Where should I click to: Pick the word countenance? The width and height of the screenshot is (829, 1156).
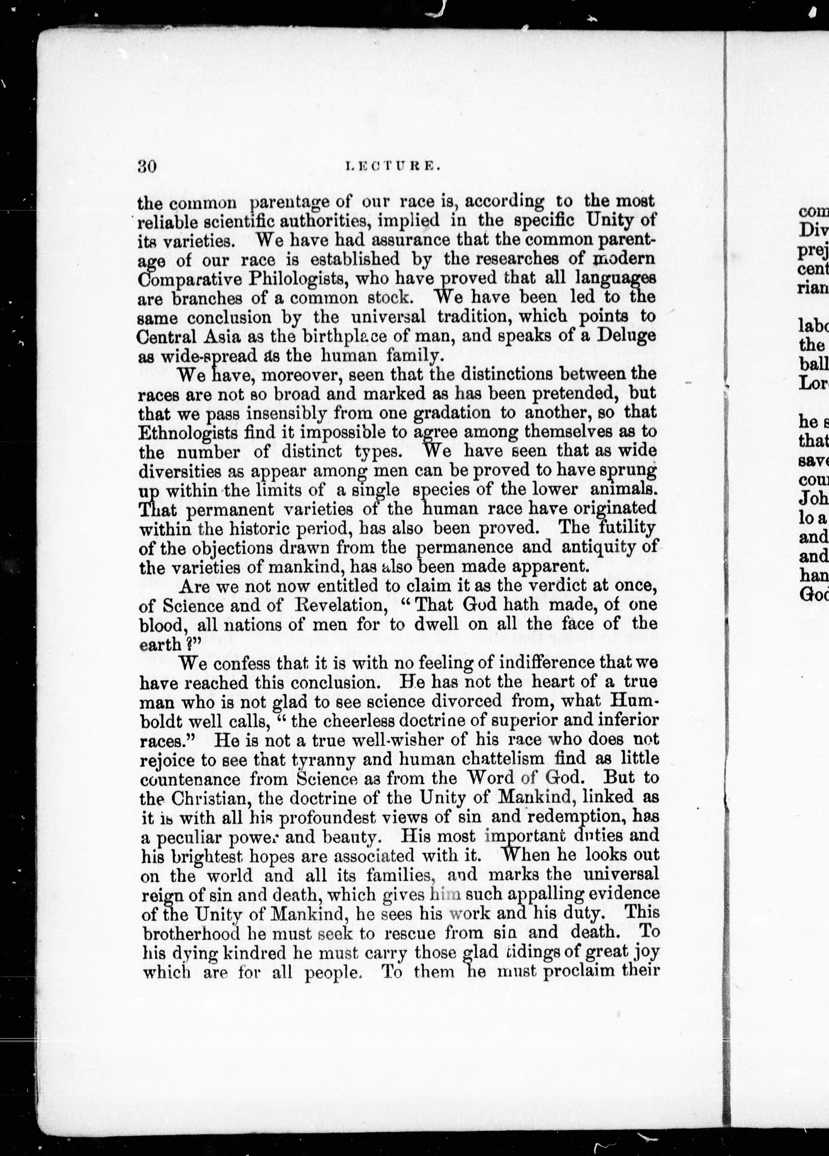[x=190, y=779]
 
